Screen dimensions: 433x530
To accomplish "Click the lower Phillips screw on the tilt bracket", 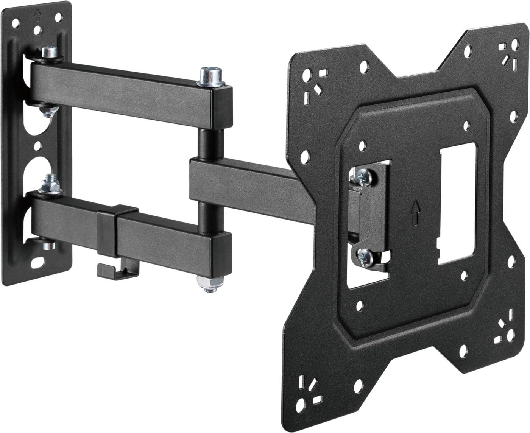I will pos(364,259).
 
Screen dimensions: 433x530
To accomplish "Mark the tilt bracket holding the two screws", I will pos(373,216).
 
